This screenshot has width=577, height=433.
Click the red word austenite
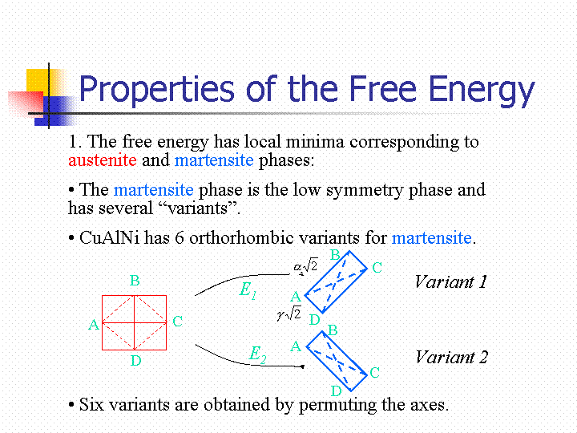tap(103, 160)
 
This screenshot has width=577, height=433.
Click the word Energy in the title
tap(481, 91)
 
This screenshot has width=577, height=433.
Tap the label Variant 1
tap(450, 282)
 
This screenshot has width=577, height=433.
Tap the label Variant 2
tap(451, 357)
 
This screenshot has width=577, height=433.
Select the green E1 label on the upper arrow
tap(248, 289)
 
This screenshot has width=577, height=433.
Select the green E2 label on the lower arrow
tap(257, 354)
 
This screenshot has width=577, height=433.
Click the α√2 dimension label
tap(305, 265)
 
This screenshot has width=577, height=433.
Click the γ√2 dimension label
tap(289, 314)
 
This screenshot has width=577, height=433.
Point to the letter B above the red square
tap(135, 281)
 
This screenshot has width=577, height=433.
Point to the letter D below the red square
tap(135, 361)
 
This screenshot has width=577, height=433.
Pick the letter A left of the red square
tap(94, 325)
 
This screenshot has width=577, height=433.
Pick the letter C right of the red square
tap(177, 322)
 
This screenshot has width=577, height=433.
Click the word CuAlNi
tap(109, 238)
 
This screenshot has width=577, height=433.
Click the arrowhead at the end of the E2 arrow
tap(302, 366)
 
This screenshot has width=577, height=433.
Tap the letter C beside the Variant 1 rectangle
tap(377, 268)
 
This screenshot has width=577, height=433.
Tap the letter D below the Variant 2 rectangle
tap(337, 391)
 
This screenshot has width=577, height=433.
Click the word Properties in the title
tap(156, 90)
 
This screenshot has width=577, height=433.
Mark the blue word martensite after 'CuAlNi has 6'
tap(431, 238)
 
